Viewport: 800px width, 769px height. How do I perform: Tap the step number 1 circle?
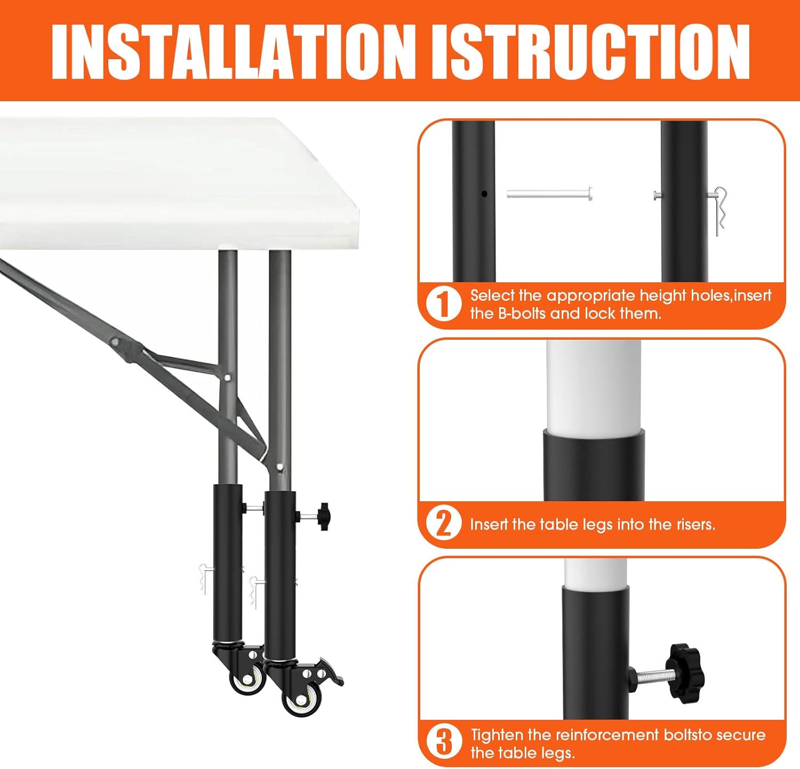(x=443, y=304)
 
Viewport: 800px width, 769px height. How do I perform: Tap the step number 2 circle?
(x=443, y=523)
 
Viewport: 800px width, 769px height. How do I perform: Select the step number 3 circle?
(x=443, y=742)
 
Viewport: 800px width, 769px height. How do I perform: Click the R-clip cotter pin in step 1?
(x=719, y=211)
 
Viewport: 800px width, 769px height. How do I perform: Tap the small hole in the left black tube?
(x=484, y=194)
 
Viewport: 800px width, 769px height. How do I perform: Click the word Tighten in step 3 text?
(x=497, y=735)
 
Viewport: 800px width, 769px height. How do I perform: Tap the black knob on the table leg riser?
(x=323, y=516)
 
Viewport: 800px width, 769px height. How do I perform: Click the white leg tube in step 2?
(x=593, y=384)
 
